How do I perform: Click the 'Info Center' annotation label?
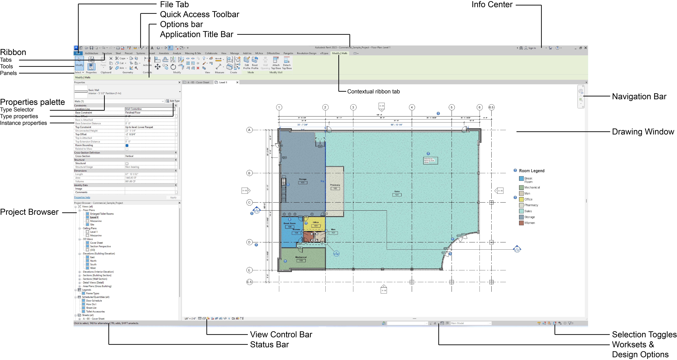click(x=492, y=5)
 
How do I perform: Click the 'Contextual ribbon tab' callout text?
click(x=373, y=91)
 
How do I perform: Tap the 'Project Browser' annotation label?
click(x=29, y=212)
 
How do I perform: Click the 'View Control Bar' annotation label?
click(x=281, y=334)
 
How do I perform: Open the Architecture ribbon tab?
click(x=91, y=53)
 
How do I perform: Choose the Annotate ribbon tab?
click(x=164, y=53)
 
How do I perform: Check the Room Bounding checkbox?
click(x=127, y=145)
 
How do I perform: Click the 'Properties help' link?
click(x=82, y=198)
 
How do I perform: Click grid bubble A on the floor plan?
click(x=249, y=130)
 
